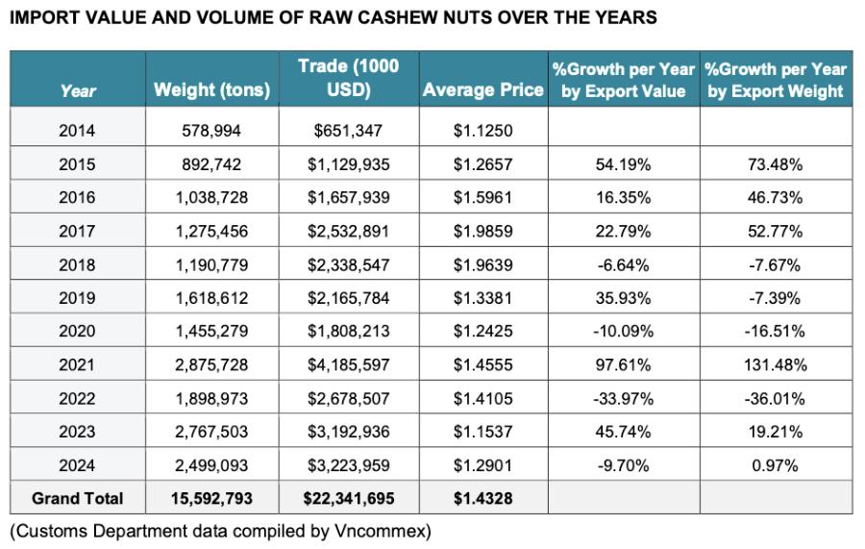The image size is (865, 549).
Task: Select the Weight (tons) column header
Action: (x=211, y=91)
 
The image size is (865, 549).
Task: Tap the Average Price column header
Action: (x=482, y=91)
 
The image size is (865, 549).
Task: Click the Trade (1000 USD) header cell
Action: (x=348, y=79)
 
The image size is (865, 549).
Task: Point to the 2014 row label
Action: (x=77, y=131)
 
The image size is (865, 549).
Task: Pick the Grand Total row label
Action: (x=77, y=498)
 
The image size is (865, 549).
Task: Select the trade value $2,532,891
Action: (x=348, y=231)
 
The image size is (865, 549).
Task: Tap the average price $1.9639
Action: (x=482, y=264)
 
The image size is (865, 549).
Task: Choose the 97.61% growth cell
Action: (x=624, y=364)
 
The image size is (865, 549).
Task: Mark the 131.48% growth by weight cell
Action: (x=775, y=364)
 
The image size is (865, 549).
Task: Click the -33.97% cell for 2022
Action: (x=624, y=398)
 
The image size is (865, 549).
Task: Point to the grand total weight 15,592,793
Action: (x=211, y=498)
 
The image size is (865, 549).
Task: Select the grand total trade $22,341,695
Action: (x=348, y=498)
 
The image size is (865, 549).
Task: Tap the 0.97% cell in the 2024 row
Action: (x=775, y=465)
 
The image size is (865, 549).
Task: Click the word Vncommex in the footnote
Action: (x=393, y=530)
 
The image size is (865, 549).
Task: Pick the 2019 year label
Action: (x=77, y=298)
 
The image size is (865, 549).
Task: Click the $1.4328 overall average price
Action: (x=482, y=498)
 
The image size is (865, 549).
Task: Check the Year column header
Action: (x=77, y=91)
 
